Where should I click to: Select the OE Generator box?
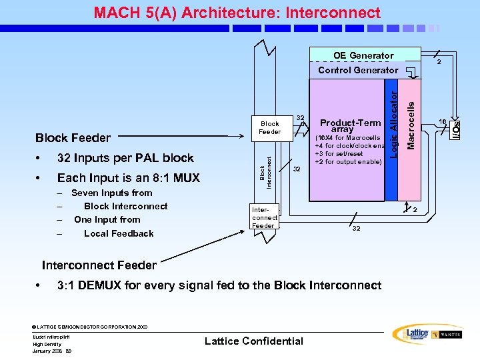point(363,55)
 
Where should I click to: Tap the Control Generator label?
point(357,70)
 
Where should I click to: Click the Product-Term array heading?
point(350,126)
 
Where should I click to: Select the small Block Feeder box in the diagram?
point(270,128)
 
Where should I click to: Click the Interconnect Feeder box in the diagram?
point(265,217)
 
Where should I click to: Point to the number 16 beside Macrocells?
point(442,122)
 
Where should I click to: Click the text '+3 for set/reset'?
point(339,154)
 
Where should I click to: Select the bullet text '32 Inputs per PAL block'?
point(125,158)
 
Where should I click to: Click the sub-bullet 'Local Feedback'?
point(119,233)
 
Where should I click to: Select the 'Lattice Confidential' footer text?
point(253,341)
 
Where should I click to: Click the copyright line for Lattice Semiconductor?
point(89,327)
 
